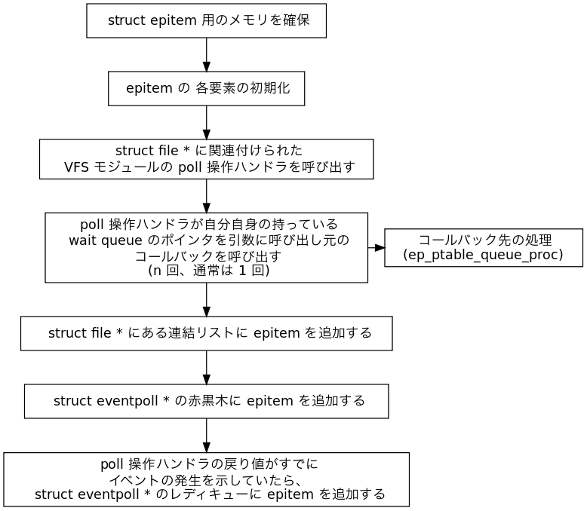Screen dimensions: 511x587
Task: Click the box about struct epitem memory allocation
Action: coord(206,20)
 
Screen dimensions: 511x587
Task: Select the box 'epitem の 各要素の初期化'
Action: coord(206,89)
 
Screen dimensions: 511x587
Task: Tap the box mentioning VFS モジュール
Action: coord(206,159)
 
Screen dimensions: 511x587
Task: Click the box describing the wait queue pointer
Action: coord(206,247)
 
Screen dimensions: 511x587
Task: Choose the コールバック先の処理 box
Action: coord(483,247)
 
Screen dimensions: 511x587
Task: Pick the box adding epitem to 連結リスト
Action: coord(206,333)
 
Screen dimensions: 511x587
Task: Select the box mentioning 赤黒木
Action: coord(206,401)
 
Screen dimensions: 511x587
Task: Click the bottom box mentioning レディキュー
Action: coord(206,479)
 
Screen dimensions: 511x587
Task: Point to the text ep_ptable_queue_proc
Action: coord(483,255)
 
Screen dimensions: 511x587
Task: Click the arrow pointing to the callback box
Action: coord(376,247)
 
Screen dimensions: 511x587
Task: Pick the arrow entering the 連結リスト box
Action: coord(206,300)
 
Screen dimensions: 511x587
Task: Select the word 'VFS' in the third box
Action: coord(76,167)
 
